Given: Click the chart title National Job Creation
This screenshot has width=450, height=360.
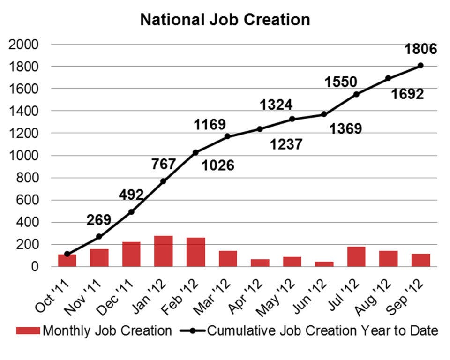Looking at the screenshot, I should click(x=225, y=20).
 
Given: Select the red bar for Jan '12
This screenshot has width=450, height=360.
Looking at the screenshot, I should click(x=164, y=251).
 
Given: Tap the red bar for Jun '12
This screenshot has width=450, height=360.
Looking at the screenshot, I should click(x=324, y=264).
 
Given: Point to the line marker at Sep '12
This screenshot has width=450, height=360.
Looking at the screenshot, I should click(x=420, y=66).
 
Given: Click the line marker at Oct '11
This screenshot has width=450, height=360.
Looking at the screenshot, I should click(x=67, y=254).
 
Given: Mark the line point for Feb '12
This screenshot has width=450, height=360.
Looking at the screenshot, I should click(x=195, y=152).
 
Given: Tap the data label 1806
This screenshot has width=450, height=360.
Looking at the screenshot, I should click(x=420, y=49).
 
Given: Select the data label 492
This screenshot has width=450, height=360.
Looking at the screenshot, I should click(x=131, y=194).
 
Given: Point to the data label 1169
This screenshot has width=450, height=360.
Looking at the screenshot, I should click(x=210, y=125).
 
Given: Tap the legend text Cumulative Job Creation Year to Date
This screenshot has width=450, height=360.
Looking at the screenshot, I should click(x=322, y=331).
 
